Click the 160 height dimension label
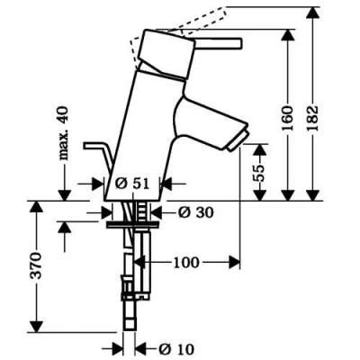point(288,118)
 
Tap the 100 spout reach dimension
point(186,263)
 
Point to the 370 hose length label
point(36,265)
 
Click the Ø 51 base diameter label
point(132,184)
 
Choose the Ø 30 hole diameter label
point(195,212)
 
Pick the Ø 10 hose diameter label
point(176,348)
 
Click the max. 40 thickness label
point(64,133)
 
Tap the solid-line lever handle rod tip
point(239,43)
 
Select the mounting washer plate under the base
point(132,225)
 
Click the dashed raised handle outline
point(178,29)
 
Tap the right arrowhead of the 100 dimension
point(234,263)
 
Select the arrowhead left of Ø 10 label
point(117,349)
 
